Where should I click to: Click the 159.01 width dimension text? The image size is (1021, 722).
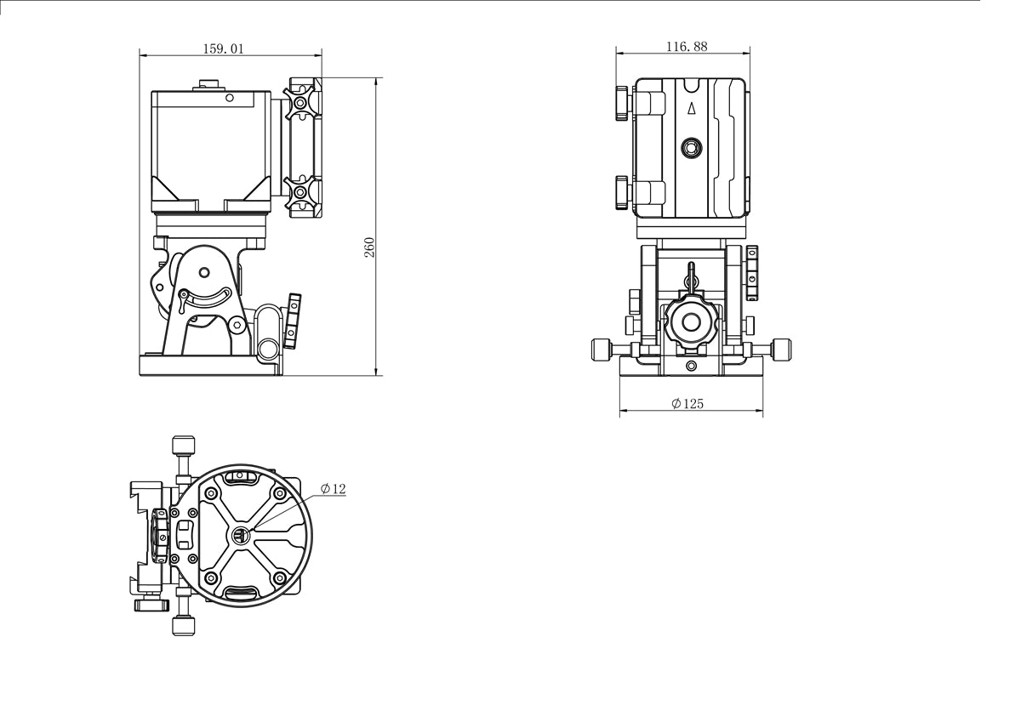(223, 48)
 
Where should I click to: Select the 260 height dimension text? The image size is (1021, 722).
(369, 247)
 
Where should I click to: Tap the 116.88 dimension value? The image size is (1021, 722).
(687, 47)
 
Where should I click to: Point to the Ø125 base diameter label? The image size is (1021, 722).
(687, 404)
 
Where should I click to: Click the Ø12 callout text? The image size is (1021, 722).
(333, 488)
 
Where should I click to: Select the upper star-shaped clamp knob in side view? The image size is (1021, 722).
(299, 104)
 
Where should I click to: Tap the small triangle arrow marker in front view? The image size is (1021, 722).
(692, 108)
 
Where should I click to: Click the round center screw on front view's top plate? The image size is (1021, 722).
(692, 149)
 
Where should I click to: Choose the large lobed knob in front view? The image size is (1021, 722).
(691, 323)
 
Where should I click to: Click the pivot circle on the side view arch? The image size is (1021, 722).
(204, 272)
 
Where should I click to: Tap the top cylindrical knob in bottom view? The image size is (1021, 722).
(183, 446)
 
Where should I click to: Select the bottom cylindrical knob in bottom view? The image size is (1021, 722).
(184, 626)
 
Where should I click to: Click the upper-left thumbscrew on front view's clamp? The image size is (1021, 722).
(622, 101)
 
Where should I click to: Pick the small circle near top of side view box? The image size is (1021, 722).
(229, 98)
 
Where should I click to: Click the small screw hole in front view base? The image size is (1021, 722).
(691, 367)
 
